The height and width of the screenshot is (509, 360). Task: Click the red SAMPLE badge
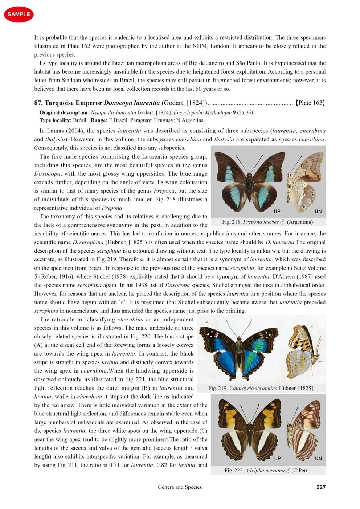[x=19, y=14]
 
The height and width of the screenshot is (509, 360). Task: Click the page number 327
[x=321, y=487]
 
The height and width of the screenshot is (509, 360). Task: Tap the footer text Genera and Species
[x=180, y=487]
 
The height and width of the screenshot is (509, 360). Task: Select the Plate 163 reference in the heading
[x=310, y=103]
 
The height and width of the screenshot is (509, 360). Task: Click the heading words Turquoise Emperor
[x=73, y=103]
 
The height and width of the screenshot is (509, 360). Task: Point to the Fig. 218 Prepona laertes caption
[x=268, y=222]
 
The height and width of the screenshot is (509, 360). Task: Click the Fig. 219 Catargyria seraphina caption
[x=261, y=388]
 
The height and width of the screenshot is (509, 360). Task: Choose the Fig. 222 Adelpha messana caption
[x=268, y=471]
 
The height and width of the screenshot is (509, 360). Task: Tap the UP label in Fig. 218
[x=277, y=211]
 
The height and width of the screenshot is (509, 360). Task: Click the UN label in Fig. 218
[x=318, y=211]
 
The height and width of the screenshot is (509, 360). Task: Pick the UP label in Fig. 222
[x=277, y=458]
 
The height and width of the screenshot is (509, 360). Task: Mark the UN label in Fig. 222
[x=318, y=458]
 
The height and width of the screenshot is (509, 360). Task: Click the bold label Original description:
[x=64, y=112]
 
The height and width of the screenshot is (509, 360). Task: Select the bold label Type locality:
[x=55, y=120]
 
